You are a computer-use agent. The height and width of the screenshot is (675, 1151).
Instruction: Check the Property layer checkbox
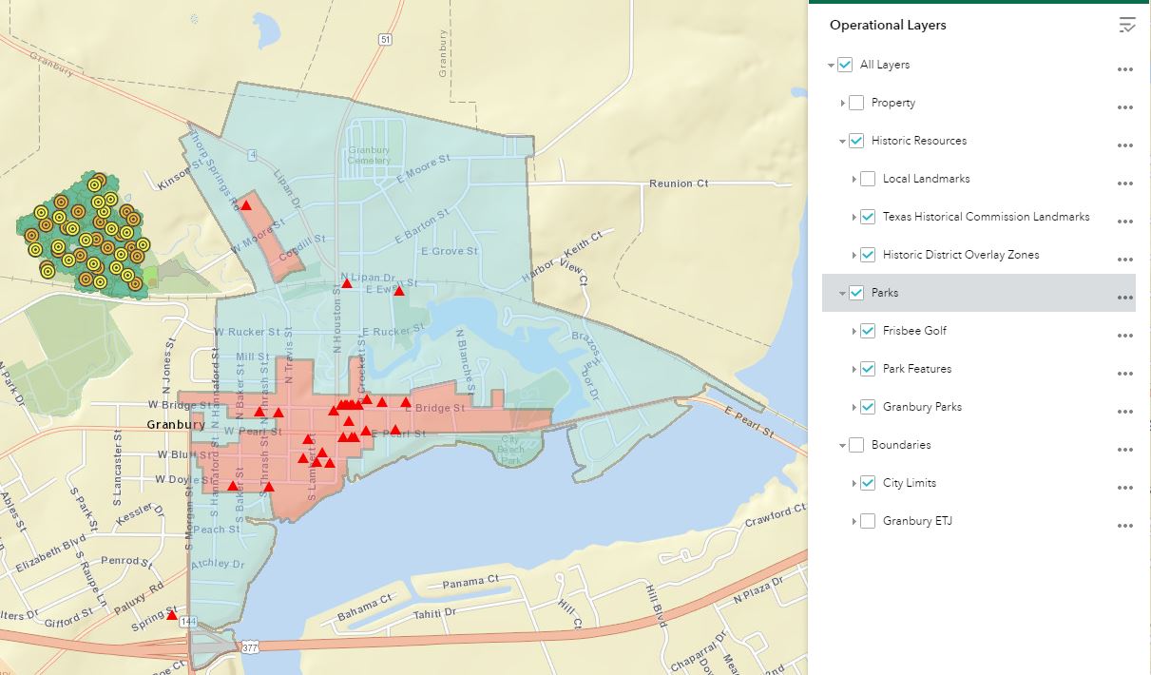click(856, 103)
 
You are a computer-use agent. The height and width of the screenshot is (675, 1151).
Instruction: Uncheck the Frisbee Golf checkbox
click(868, 331)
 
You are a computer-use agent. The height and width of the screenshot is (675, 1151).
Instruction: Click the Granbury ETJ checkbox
click(868, 521)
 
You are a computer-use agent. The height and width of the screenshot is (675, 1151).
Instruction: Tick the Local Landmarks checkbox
click(868, 179)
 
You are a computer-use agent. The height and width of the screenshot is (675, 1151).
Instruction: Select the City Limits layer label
click(909, 483)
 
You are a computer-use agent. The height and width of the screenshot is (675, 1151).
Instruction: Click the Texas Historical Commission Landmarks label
click(986, 217)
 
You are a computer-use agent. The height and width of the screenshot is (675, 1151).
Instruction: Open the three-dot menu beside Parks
click(1125, 298)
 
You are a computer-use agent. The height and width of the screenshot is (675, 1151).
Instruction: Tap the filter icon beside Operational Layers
click(1126, 26)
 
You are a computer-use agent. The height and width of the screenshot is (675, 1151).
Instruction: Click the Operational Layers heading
click(888, 26)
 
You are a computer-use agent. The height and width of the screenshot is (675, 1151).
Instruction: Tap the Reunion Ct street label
click(679, 183)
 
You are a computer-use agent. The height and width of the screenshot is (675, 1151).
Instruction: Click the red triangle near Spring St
click(172, 615)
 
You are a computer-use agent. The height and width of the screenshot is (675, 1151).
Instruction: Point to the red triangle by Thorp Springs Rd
click(246, 204)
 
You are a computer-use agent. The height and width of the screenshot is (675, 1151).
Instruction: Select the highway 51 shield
click(384, 39)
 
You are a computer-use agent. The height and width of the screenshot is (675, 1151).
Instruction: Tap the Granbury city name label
click(176, 425)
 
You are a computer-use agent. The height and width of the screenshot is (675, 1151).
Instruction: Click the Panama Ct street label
click(470, 581)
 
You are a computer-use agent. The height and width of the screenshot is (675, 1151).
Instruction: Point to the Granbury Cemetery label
click(369, 155)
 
